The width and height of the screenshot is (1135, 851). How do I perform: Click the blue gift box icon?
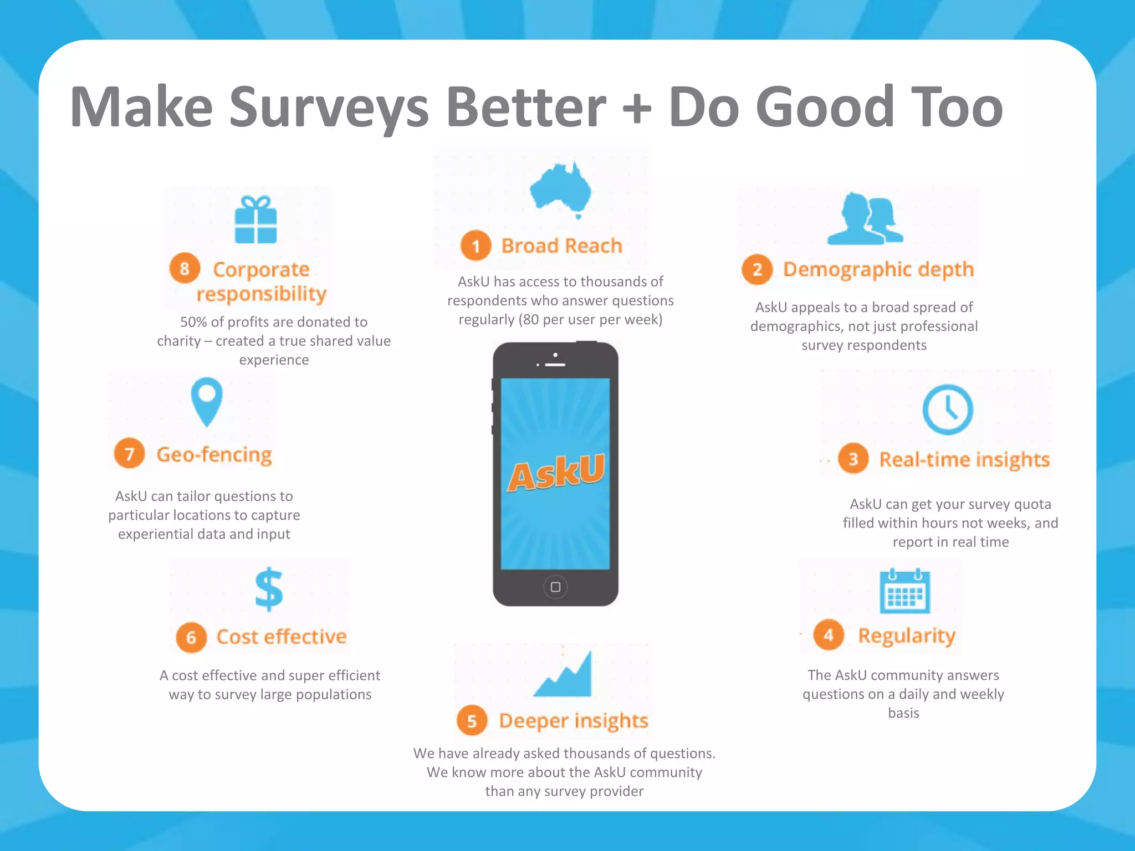click(x=255, y=220)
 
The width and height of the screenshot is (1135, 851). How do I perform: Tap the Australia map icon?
click(x=561, y=189)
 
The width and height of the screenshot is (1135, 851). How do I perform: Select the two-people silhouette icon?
click(x=865, y=219)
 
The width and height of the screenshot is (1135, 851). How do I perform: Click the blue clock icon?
click(x=948, y=409)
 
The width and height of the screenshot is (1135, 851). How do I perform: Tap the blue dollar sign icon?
click(x=269, y=589)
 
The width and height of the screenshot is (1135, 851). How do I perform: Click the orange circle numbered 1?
click(x=476, y=245)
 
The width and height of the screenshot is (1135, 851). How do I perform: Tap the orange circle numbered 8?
click(x=185, y=269)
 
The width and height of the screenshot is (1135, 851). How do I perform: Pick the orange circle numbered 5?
click(x=472, y=721)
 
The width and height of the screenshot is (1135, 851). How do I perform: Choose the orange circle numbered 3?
click(x=853, y=459)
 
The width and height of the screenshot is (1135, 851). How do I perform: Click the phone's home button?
click(x=555, y=587)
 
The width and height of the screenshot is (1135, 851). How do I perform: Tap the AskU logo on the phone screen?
click(x=556, y=473)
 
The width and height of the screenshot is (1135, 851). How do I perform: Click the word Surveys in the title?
click(x=329, y=108)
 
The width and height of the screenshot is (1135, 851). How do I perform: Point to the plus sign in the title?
click(x=637, y=108)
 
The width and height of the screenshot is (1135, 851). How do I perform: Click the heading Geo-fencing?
click(x=214, y=454)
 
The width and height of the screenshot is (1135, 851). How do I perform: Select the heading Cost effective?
click(x=281, y=637)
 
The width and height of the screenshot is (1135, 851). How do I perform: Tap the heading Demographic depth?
click(x=878, y=269)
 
